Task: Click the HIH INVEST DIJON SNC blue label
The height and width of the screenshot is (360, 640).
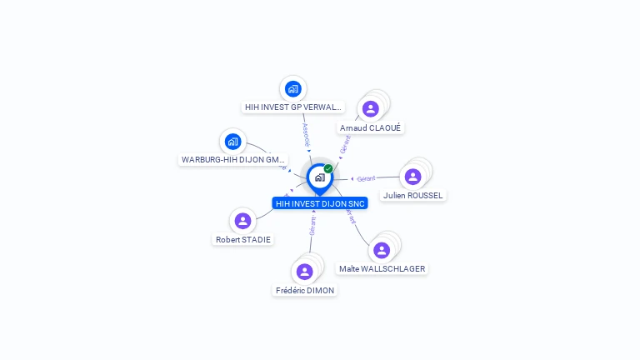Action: pos(319,203)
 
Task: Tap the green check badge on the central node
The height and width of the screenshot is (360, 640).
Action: pos(328,168)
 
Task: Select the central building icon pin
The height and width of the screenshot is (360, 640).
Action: pos(319,177)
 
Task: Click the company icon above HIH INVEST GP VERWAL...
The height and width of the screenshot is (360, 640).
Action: pos(292,88)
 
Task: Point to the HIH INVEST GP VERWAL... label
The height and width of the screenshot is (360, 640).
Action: pos(292,107)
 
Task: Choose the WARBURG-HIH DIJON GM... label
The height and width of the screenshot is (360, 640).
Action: pos(233,159)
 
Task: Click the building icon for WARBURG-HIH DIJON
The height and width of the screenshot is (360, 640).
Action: pos(233,141)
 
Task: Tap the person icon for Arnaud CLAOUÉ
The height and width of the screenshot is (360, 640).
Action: pos(371,108)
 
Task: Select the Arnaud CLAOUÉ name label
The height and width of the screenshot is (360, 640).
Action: pos(371,127)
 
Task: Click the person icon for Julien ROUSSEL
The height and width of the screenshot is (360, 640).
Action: pos(412,177)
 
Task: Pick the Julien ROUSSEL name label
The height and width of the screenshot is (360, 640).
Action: pos(412,196)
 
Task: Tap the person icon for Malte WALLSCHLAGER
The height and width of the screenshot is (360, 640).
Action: pos(382,250)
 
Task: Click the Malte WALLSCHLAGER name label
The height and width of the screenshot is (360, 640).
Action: pos(382,269)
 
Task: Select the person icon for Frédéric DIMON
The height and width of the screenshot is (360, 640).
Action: pos(304,272)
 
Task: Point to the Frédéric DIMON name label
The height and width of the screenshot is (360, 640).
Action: pos(304,291)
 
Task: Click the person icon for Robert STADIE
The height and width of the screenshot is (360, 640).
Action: pos(242,221)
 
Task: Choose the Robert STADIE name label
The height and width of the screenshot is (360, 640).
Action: pos(242,240)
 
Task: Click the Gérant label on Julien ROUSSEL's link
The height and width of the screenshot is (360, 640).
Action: pos(366,178)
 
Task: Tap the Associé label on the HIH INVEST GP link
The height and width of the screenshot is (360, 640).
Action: pos(306,134)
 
